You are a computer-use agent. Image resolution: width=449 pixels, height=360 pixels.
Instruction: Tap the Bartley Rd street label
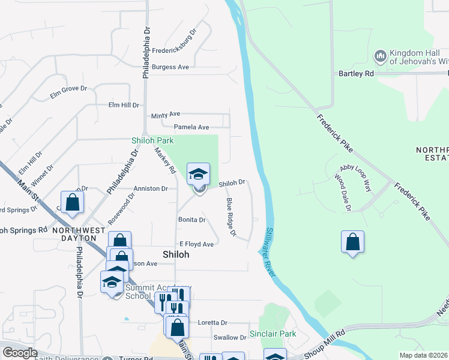(x=356, y=74)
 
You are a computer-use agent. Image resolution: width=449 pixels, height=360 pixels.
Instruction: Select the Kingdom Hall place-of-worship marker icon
(x=379, y=56)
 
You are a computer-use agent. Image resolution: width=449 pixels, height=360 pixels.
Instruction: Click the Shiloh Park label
(x=152, y=141)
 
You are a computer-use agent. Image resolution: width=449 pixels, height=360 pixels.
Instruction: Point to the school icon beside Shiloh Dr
(x=199, y=175)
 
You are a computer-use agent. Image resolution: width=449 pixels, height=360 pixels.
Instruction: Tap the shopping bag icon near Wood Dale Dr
(x=353, y=242)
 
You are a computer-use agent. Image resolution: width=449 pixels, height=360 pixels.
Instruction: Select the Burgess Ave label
(x=170, y=67)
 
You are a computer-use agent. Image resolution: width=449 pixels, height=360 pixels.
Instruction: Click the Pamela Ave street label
(x=191, y=127)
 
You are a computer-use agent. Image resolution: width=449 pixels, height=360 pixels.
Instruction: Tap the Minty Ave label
(x=166, y=114)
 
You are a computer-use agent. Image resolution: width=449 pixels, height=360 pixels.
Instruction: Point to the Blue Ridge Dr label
(x=231, y=217)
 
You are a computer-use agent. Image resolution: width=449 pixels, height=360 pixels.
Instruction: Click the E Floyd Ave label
(x=197, y=245)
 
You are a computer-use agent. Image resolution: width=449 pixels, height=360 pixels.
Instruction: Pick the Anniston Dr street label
(x=151, y=188)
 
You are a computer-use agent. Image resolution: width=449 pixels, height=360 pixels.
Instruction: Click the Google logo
(x=19, y=353)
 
